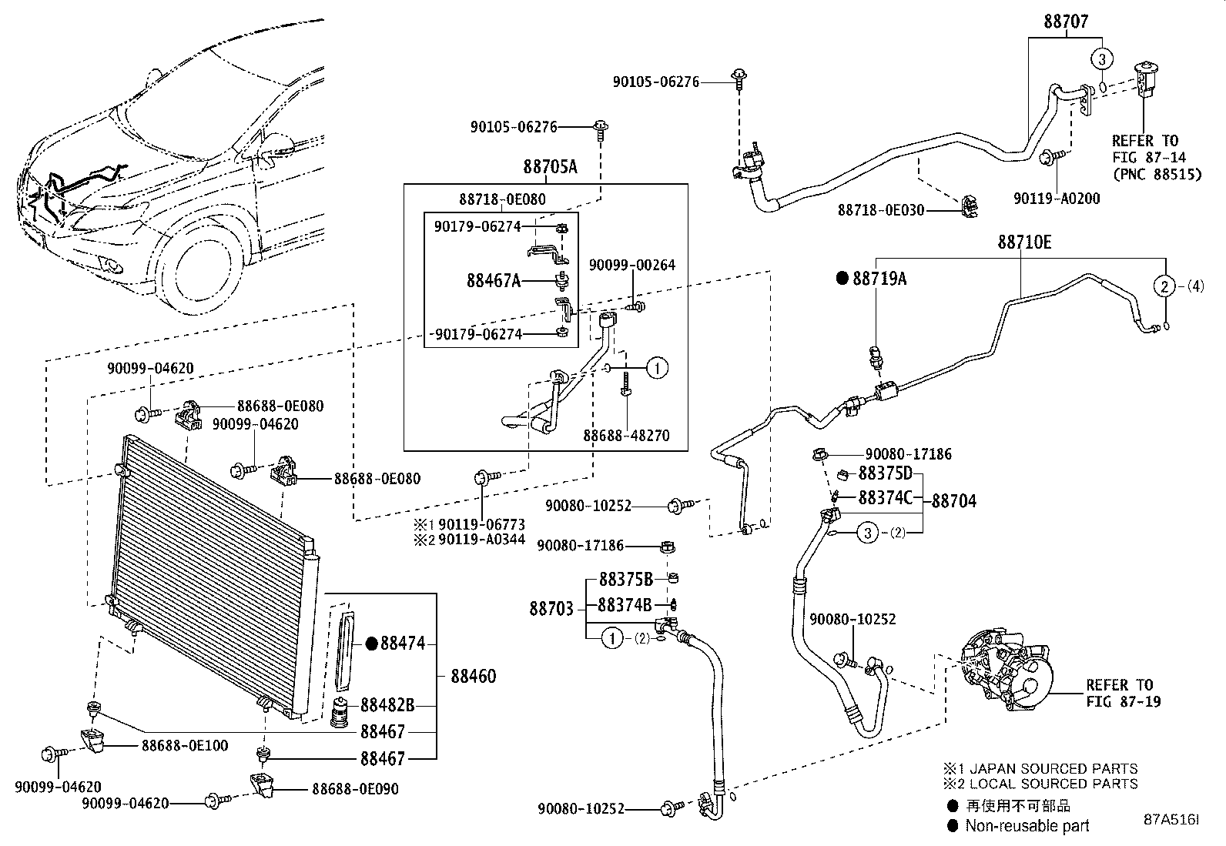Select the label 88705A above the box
(550, 166)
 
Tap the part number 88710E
(1024, 242)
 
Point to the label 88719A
(879, 279)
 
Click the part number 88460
(473, 676)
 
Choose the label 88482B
(387, 704)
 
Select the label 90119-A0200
(1057, 199)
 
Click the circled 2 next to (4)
(1164, 286)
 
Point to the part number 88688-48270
(625, 435)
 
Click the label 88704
(953, 501)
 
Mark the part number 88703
(551, 609)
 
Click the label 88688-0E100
(184, 745)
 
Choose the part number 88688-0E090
(355, 789)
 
